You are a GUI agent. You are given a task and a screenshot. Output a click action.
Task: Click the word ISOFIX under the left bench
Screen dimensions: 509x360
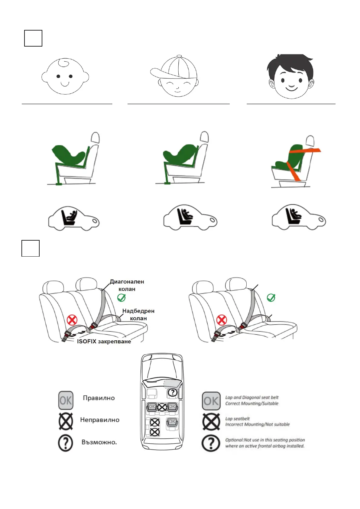86,342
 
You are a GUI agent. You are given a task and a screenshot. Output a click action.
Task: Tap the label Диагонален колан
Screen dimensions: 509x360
127,285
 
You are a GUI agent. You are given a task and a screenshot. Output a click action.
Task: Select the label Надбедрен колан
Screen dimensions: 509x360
138,314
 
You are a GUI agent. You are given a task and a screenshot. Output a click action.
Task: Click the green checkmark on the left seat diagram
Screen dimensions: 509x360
121,298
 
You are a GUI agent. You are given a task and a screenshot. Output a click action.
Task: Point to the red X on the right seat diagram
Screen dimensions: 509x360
222,320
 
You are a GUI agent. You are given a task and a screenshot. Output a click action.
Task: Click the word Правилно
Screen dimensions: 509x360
99,398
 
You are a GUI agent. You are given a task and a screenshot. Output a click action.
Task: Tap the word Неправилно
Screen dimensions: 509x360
100,420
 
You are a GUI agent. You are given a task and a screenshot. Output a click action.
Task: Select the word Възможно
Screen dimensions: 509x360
99,442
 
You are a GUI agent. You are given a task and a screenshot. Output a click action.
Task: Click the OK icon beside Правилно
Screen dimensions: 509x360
66,400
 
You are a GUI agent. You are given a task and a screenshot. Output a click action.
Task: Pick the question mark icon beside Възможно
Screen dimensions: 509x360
66,443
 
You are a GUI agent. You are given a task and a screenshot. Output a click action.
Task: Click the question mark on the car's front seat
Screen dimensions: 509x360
172,392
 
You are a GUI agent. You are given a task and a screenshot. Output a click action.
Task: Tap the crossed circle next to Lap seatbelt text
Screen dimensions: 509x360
211,422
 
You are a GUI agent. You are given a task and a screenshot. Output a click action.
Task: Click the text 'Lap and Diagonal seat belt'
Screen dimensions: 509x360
252,397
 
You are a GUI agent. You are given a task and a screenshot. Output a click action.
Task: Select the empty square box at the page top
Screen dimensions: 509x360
33,38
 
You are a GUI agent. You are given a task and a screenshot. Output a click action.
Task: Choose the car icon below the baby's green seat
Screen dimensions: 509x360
74,217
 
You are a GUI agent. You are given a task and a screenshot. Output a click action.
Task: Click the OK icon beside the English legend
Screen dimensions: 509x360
211,401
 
